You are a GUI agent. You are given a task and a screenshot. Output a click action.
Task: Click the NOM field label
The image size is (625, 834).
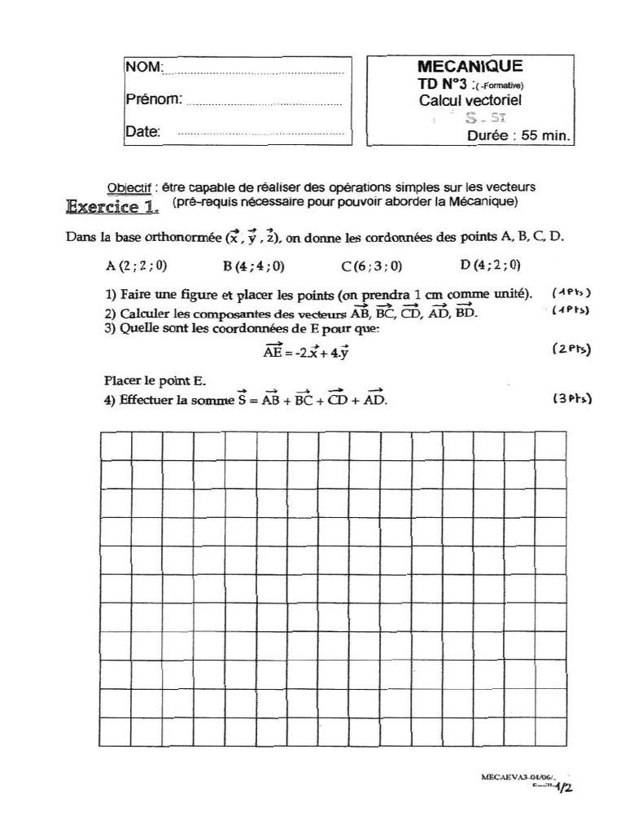click(x=144, y=66)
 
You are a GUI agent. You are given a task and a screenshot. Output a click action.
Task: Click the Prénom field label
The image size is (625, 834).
click(x=153, y=99)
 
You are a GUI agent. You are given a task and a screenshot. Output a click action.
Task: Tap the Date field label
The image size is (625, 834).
click(x=143, y=131)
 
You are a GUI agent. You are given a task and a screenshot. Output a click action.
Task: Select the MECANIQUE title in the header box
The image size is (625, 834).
click(x=470, y=67)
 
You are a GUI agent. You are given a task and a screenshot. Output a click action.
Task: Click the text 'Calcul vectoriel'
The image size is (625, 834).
click(x=470, y=101)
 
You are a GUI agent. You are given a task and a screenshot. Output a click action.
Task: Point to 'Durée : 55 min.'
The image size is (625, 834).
click(x=518, y=137)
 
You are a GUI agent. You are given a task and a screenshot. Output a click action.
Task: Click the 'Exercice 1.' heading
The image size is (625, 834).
click(x=112, y=207)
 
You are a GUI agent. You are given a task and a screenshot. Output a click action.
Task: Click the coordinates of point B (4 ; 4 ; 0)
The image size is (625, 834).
click(x=253, y=266)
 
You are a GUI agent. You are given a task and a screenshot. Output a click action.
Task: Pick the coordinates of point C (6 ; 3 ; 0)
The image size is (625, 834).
click(x=372, y=266)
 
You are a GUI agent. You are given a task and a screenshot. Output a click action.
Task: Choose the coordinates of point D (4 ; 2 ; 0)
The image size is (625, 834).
click(x=490, y=265)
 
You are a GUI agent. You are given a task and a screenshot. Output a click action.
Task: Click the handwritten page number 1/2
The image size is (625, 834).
click(x=564, y=787)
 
